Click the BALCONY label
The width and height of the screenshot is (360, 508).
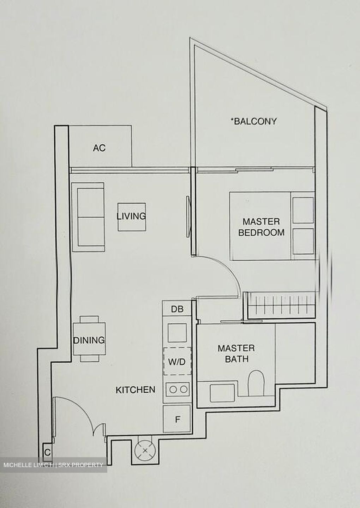254,121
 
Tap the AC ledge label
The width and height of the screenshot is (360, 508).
99,148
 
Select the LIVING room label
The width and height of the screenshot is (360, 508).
131,216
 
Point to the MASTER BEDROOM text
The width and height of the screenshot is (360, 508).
261,227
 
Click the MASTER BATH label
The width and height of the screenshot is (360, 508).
236,353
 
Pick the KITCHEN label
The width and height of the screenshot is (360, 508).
136,389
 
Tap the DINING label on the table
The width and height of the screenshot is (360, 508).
89,340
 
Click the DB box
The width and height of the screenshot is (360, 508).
177,309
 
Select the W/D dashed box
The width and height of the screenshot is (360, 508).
177,362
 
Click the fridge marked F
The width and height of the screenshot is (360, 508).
178,419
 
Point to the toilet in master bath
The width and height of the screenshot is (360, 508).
256,383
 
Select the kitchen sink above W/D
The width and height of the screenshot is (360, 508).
177,332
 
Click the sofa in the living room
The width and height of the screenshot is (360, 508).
88,217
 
